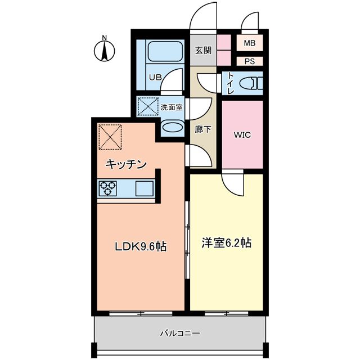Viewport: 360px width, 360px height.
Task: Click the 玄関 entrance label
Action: (x=203, y=51)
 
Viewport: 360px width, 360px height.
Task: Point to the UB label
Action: (x=155, y=78)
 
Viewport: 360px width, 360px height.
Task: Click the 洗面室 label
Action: (x=171, y=107)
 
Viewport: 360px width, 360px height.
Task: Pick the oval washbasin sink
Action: (x=172, y=128)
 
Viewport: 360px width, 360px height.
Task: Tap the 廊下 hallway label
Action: (x=202, y=129)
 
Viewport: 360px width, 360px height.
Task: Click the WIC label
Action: (x=242, y=135)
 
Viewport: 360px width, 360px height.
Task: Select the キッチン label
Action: (x=127, y=164)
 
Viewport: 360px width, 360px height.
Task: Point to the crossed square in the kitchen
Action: (x=110, y=137)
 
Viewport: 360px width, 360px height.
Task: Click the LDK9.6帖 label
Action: (x=141, y=246)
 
